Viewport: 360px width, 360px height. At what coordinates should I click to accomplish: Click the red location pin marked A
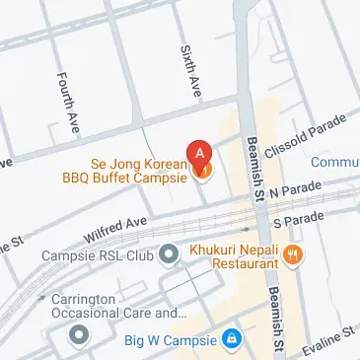pos(201,155)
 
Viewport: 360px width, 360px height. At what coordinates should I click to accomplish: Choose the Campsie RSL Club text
pos(99,255)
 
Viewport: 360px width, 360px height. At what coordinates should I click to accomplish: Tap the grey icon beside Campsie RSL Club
pos(169,255)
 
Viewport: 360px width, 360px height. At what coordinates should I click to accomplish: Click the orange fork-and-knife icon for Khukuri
pos(292,254)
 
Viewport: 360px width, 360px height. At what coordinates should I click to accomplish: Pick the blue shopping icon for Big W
pos(230,340)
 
